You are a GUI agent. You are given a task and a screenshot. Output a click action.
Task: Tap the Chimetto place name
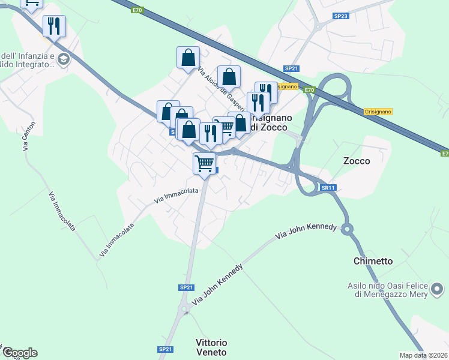click(373, 261)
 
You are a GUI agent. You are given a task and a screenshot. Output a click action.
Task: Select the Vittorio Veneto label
click(211, 347)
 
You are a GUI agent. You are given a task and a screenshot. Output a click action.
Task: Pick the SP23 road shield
click(340, 16)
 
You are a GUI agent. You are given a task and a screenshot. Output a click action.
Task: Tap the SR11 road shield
click(327, 188)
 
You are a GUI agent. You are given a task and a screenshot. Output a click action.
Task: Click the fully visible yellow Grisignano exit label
click(378, 112)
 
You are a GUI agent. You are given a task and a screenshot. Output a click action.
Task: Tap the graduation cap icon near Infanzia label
click(64, 59)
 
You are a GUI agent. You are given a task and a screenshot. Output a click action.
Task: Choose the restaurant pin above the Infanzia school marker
click(54, 26)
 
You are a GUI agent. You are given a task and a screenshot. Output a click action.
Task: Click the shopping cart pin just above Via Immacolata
click(205, 163)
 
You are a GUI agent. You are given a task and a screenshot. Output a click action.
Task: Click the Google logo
click(19, 353)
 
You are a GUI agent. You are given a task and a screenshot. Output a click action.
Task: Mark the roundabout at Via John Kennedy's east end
click(346, 228)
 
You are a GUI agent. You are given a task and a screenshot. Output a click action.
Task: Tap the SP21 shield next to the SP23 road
click(291, 68)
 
